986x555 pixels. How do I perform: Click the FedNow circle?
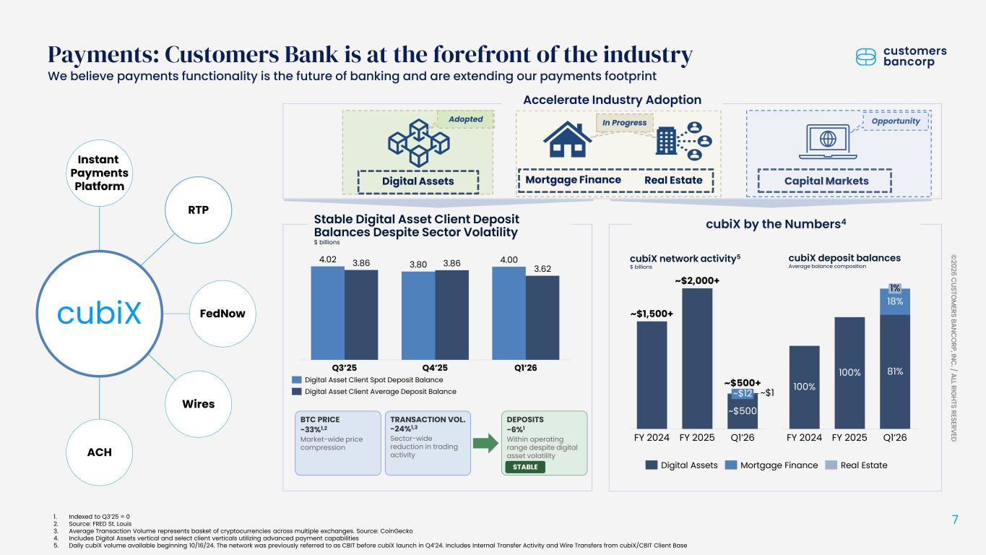point(222,314)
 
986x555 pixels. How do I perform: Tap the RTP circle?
point(198,210)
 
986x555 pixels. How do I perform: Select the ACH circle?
point(100,452)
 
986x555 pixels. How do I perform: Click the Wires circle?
point(198,404)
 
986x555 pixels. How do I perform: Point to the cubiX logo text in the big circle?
point(100,313)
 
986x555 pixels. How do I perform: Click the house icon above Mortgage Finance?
point(567,139)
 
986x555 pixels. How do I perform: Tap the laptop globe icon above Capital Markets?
point(828,142)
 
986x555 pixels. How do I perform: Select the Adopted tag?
point(465,119)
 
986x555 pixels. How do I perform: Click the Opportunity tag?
point(896,121)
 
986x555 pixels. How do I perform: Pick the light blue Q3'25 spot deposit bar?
point(327,313)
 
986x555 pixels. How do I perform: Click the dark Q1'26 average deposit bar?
point(542,318)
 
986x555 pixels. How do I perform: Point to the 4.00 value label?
point(509,260)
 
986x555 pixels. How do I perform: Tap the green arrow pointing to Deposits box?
point(485,443)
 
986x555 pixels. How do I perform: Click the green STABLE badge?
point(525,467)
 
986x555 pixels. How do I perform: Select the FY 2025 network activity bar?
point(697,358)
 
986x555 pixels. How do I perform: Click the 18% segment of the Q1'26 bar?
point(895,302)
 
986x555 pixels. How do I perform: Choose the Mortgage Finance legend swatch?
point(731,465)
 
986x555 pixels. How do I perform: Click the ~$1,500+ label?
point(652,314)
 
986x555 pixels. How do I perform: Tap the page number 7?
point(955,520)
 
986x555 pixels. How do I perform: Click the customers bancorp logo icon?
point(866,57)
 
